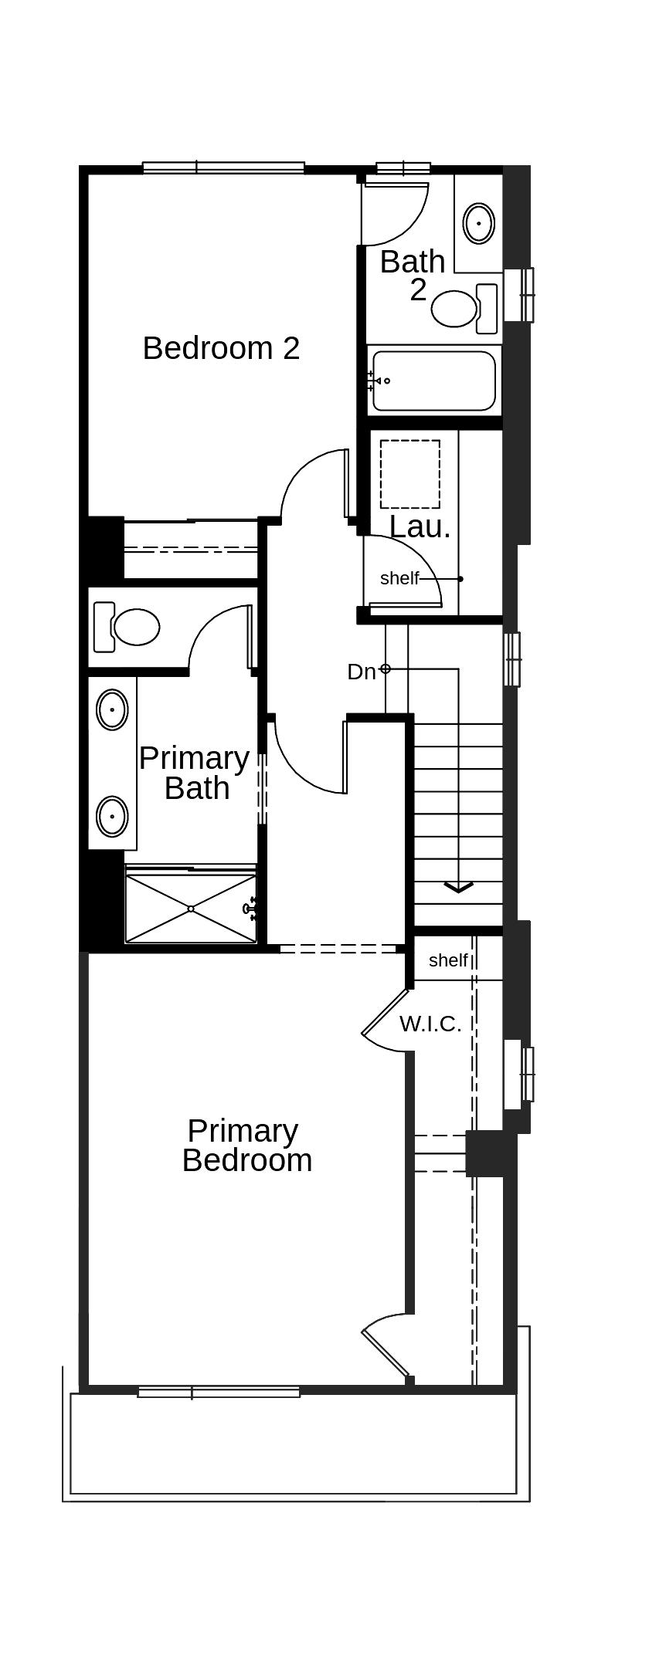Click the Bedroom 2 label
[221, 348]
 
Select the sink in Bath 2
[479, 223]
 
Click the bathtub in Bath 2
[433, 381]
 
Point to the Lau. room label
[420, 527]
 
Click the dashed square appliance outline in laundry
[409, 474]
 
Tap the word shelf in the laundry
[399, 578]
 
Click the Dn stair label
[361, 672]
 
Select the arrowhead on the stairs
[458, 887]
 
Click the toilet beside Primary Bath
[136, 626]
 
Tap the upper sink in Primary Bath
[112, 709]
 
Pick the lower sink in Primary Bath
[112, 815]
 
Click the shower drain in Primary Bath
[191, 909]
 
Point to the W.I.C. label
[430, 1024]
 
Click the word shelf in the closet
[448, 960]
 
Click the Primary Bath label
[195, 773]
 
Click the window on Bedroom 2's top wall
[223, 167]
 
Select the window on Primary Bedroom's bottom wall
[219, 1392]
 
